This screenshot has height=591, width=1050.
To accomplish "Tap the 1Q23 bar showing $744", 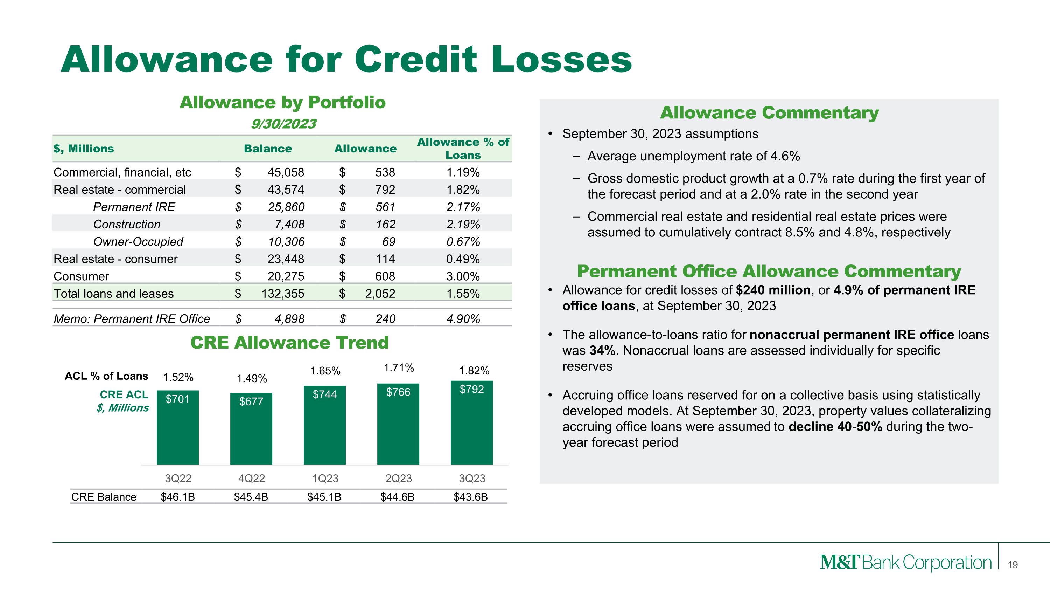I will (324, 425).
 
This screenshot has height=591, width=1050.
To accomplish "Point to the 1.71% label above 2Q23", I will (399, 368).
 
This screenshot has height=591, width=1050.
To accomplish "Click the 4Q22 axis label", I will (252, 478).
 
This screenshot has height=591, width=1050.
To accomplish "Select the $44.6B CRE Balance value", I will (397, 497).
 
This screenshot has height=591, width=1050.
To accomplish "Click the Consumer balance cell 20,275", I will (286, 276).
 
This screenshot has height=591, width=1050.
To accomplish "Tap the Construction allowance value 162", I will (386, 224).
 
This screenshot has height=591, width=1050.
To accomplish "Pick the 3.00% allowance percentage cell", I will (463, 276).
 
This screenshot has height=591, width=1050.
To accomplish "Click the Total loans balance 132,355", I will (283, 294).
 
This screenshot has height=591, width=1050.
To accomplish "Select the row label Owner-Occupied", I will (138, 241).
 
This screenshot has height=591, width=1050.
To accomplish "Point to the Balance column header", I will (268, 149).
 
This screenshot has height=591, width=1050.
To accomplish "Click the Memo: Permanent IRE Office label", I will (132, 318).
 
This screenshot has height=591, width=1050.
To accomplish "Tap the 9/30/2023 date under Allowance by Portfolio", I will (283, 124).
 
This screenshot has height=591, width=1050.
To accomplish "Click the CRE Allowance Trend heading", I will (289, 343).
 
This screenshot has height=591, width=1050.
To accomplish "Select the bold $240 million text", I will (773, 290).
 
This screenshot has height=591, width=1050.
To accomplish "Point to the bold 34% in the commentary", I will (602, 350).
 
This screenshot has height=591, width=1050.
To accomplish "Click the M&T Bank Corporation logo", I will (905, 563).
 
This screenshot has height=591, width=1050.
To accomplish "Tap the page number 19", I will (1013, 565).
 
